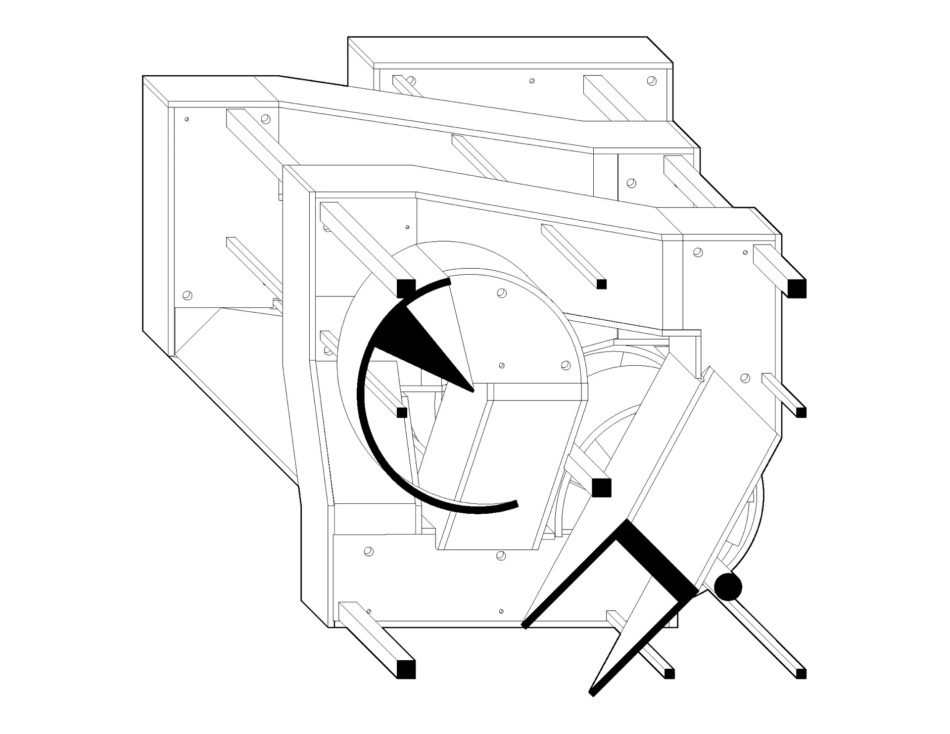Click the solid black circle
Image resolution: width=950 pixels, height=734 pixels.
(x=728, y=587)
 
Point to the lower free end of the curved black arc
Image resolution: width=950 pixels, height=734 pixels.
(x=516, y=504)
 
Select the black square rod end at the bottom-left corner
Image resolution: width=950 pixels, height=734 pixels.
(x=406, y=669)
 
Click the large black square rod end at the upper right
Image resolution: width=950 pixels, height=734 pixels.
(x=796, y=288)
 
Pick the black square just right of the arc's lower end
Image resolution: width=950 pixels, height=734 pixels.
(x=601, y=488)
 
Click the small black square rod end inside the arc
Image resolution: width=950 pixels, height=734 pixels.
(x=402, y=412)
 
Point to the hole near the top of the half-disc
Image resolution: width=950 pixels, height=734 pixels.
(x=502, y=293)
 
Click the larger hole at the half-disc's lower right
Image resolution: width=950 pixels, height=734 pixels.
(x=566, y=365)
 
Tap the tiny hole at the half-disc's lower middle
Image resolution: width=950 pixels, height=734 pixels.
(x=502, y=366)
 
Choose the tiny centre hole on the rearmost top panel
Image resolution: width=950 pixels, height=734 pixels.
(x=532, y=81)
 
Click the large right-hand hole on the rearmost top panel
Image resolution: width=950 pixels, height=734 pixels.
(x=652, y=81)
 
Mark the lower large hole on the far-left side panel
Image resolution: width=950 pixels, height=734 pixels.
(x=187, y=295)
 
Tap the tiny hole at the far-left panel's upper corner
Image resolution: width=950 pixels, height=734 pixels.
(x=187, y=119)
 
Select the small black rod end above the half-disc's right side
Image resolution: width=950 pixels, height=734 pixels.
(x=602, y=284)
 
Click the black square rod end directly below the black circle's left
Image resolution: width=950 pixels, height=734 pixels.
(x=669, y=674)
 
